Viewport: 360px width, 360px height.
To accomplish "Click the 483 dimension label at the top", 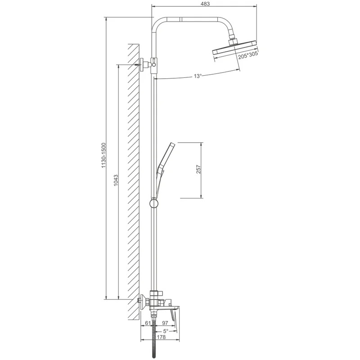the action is tap(205, 4).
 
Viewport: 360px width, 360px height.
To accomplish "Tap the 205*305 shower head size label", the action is tap(248, 55).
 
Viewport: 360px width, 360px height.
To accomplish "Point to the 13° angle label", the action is tap(197, 76).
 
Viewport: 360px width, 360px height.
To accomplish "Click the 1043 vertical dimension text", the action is tap(116, 180).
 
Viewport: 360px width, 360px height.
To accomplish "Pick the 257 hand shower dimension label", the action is tap(198, 169).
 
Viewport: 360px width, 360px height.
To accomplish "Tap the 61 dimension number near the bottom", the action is tap(148, 323).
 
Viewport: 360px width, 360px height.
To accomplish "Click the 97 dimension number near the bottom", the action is tap(165, 323).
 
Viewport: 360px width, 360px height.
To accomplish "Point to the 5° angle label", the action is tap(166, 331).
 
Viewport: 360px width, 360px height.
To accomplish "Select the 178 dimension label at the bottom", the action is tap(162, 337).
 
